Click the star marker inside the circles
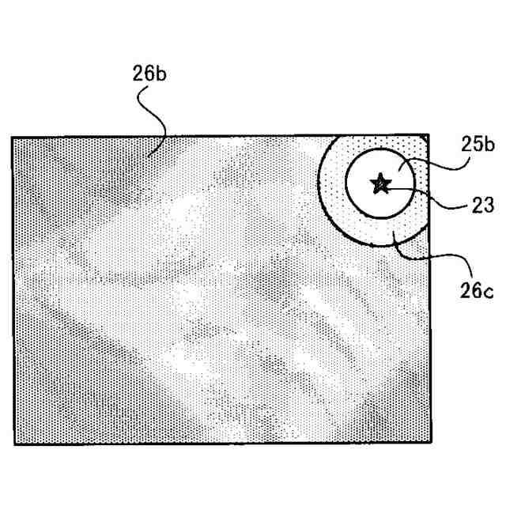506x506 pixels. click(381, 184)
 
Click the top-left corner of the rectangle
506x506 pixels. click(12, 138)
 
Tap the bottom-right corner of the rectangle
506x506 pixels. click(430, 444)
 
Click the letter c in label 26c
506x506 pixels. click(489, 292)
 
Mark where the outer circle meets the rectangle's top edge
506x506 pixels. click(333, 137)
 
